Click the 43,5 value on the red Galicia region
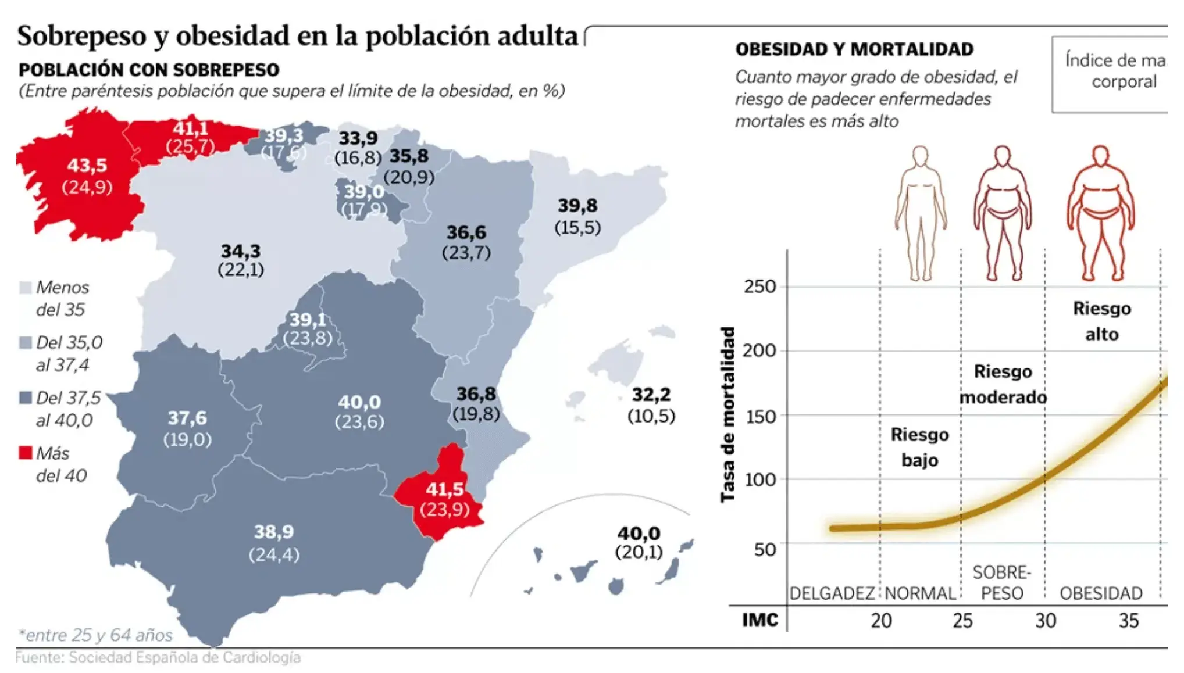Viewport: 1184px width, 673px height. point(87,166)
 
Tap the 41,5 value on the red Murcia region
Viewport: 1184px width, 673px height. point(445,489)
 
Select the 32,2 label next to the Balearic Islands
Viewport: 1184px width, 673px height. point(651,395)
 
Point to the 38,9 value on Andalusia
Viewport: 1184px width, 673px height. point(274,532)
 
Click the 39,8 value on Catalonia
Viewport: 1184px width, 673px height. point(577,205)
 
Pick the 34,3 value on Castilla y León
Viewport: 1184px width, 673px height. point(241,251)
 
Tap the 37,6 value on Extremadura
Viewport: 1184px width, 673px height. point(187,418)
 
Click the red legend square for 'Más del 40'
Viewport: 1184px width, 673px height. point(26,453)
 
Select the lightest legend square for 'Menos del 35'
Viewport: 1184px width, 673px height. point(26,287)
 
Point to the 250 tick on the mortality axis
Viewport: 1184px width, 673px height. point(759,287)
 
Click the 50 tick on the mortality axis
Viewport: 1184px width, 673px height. point(765,549)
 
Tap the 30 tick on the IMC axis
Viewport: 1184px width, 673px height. point(1045,621)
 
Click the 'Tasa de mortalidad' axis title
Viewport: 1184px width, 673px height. point(727,414)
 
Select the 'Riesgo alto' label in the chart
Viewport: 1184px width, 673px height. point(1101,321)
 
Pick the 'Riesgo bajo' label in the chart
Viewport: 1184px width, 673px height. point(919,447)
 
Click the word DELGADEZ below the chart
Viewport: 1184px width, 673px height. point(832,593)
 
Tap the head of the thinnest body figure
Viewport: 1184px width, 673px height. point(920,157)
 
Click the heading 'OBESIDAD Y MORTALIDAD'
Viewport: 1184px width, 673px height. point(854,49)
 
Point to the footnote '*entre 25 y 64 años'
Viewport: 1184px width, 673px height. point(95,635)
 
